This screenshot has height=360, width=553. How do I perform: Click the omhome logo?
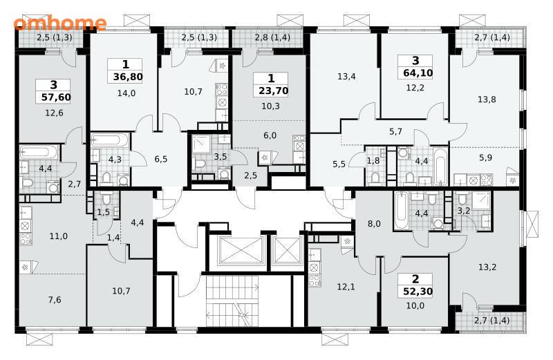60,23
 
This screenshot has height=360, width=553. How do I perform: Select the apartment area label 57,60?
56,97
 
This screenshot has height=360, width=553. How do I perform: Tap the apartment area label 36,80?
128,77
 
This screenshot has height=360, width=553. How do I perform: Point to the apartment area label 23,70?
273,91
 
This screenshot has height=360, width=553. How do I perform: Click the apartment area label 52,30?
418,292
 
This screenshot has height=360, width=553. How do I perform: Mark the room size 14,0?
126,93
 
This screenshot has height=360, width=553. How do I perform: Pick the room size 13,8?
487,100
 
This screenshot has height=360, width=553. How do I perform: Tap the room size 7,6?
55,300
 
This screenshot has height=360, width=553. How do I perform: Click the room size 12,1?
346,287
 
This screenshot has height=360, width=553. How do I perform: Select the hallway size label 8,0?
374,224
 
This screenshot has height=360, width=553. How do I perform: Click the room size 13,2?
487,267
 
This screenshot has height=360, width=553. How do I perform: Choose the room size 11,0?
59,236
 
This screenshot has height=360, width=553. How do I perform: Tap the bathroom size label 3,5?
221,157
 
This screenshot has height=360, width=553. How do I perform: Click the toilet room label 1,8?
373,161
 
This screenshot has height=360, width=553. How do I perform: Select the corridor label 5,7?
395,131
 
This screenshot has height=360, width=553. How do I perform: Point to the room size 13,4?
346,76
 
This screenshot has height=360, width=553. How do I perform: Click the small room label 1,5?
104,212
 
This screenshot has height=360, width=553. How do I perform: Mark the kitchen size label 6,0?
270,135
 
